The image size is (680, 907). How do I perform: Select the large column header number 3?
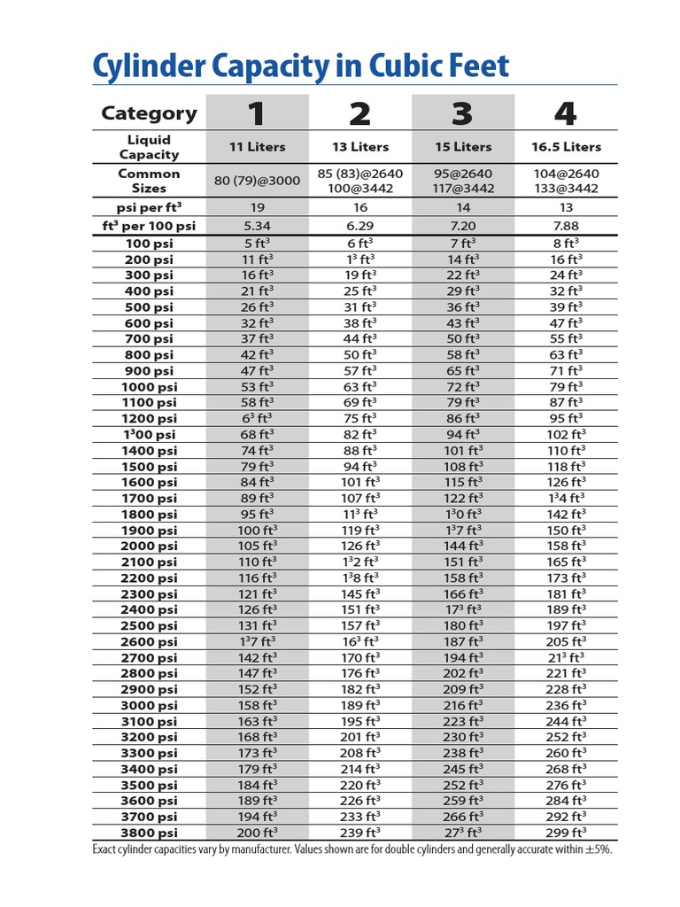[462, 113]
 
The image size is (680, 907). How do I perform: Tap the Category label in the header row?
[149, 113]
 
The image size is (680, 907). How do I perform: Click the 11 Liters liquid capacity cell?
[258, 147]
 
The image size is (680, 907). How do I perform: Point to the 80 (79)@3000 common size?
[258, 181]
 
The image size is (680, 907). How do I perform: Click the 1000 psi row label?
[149, 387]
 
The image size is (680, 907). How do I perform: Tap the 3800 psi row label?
[149, 833]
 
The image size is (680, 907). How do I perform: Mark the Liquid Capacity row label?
[149, 147]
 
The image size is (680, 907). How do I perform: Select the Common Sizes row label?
[149, 181]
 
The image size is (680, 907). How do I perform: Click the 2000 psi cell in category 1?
[258, 547]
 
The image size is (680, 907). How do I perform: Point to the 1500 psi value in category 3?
[462, 467]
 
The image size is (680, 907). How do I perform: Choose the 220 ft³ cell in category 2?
[360, 786]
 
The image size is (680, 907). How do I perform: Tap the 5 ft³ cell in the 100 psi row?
[258, 243]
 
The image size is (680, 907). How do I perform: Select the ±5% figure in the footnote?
[598, 849]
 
